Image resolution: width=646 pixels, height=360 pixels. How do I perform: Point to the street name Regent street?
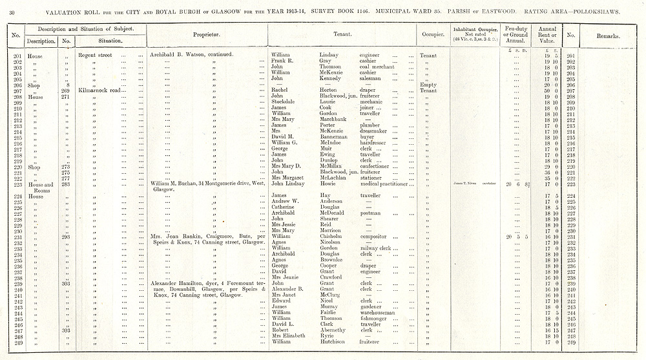[x=96, y=55]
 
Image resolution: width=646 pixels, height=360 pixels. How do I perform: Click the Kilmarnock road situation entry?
[x=99, y=90]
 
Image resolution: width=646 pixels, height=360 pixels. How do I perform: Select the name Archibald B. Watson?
[x=182, y=55]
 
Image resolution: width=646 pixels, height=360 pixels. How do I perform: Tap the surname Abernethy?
[x=338, y=329]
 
